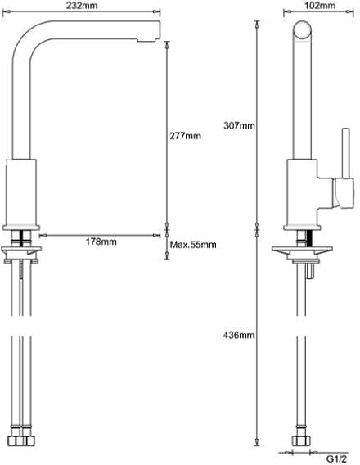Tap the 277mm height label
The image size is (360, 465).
(x=187, y=136)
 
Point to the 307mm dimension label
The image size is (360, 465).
(x=240, y=125)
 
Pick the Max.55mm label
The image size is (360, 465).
(x=192, y=245)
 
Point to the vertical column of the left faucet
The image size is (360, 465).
(x=22, y=98)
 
